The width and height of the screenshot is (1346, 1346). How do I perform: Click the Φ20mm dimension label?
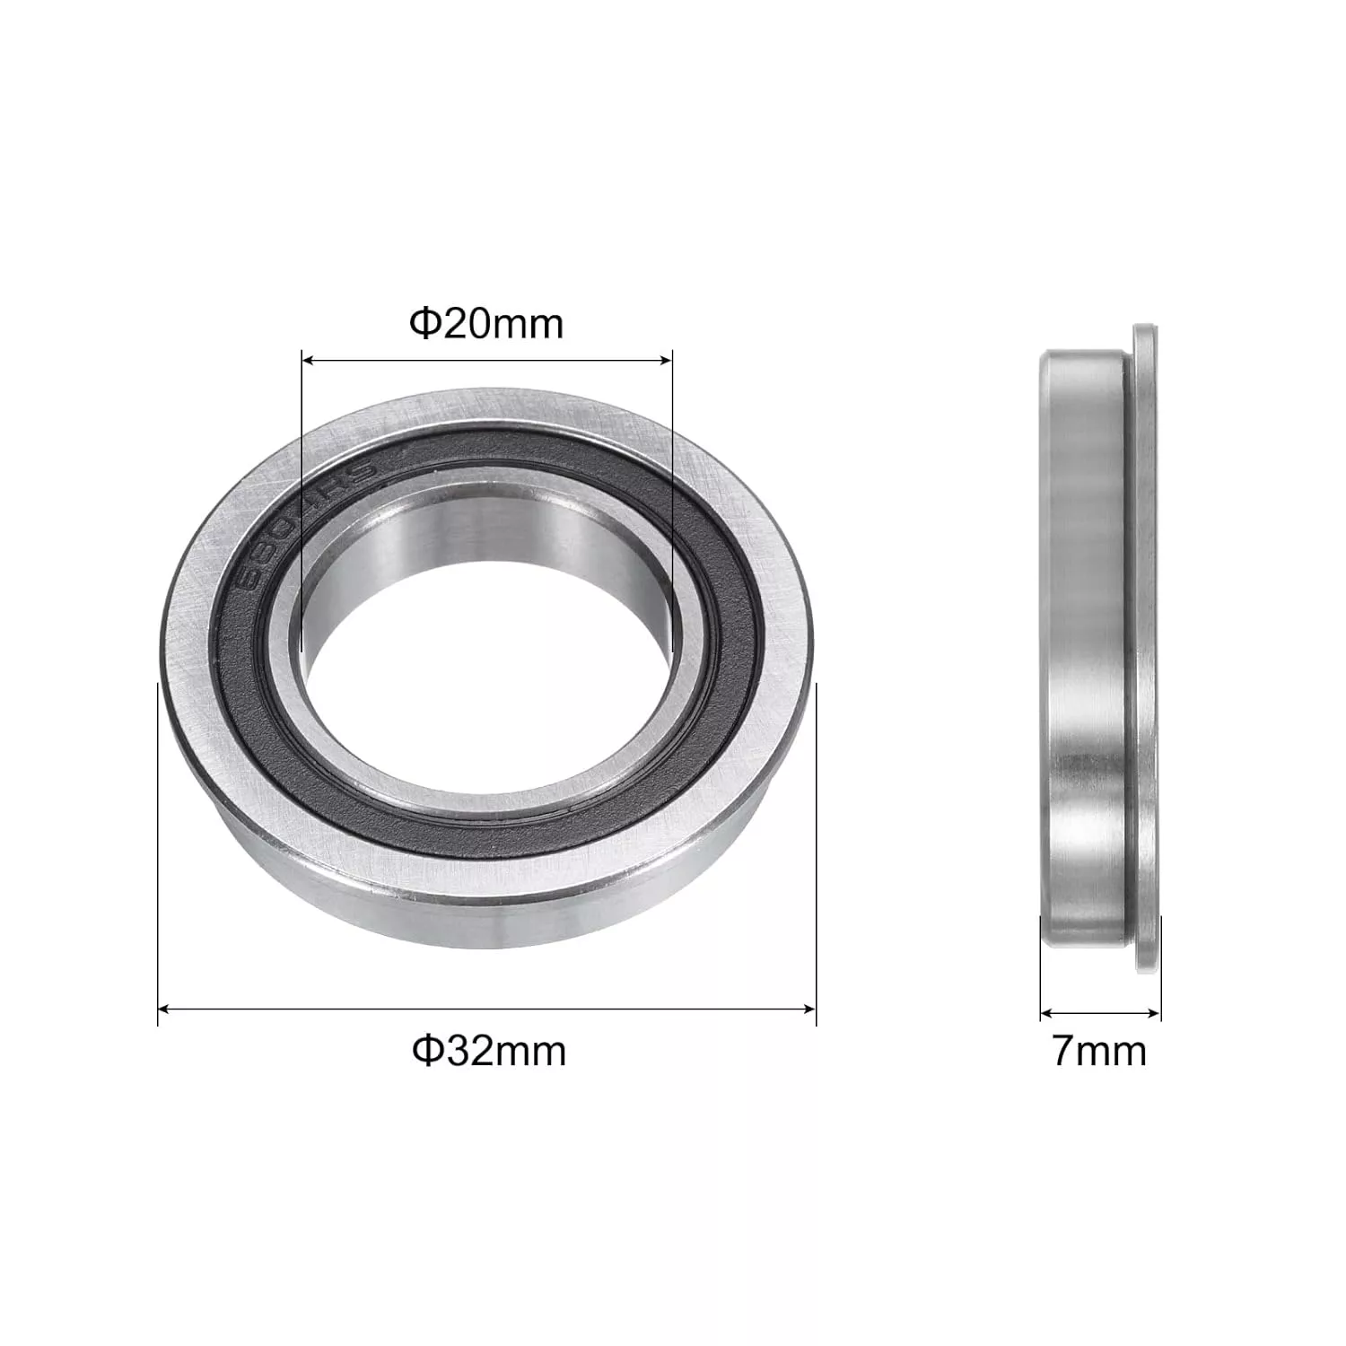click(486, 324)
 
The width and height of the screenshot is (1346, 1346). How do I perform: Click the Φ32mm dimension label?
click(489, 1050)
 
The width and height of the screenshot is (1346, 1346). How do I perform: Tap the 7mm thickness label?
click(1099, 1051)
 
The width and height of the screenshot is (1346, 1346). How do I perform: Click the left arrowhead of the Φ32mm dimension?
click(163, 1009)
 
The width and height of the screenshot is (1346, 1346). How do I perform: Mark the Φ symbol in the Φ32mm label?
click(424, 1050)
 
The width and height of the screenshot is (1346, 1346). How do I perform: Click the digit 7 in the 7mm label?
click(1063, 1051)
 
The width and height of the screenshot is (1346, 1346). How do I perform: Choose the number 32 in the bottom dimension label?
click(465, 1050)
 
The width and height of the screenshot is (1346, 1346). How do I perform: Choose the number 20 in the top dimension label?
click(462, 324)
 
